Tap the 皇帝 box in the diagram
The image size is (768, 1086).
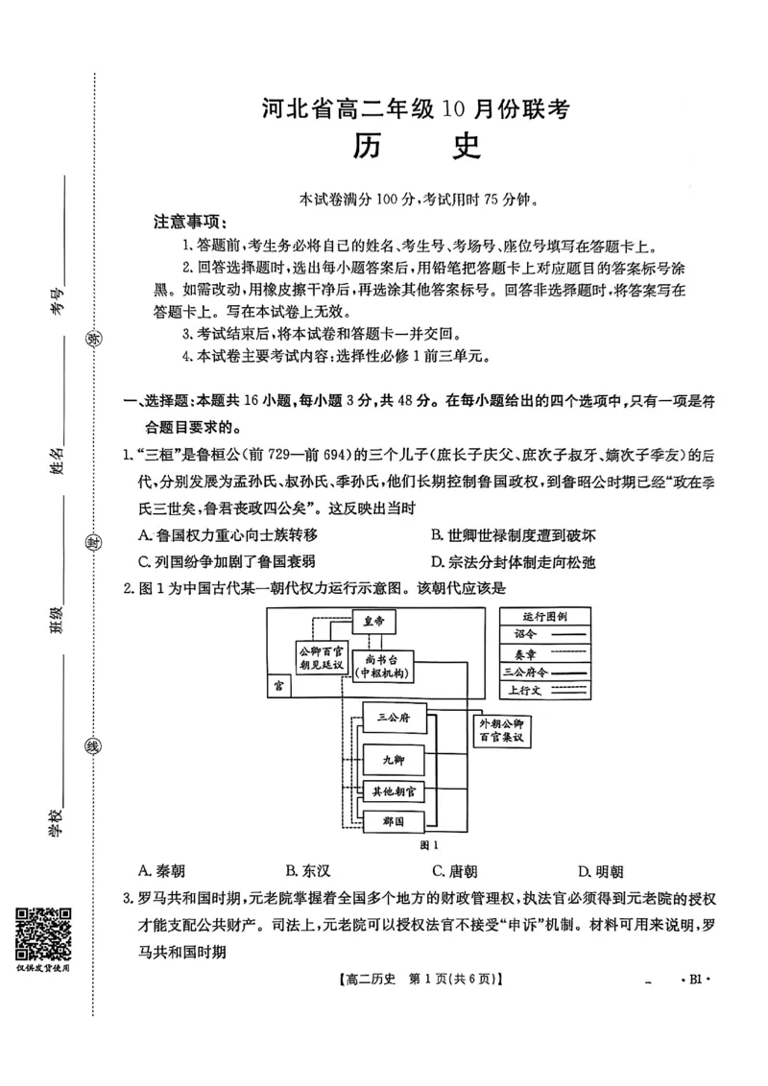coord(372,622)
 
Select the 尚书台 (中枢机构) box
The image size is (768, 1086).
coord(382,666)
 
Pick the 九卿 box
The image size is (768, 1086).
coord(394,759)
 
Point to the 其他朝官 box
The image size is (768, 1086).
coord(394,791)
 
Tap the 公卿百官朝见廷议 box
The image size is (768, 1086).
coord(322,657)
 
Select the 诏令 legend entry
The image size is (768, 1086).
coord(542,634)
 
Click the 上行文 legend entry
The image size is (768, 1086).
coord(542,689)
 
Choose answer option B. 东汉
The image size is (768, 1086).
coord(308,871)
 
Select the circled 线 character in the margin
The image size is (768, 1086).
coord(94,747)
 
